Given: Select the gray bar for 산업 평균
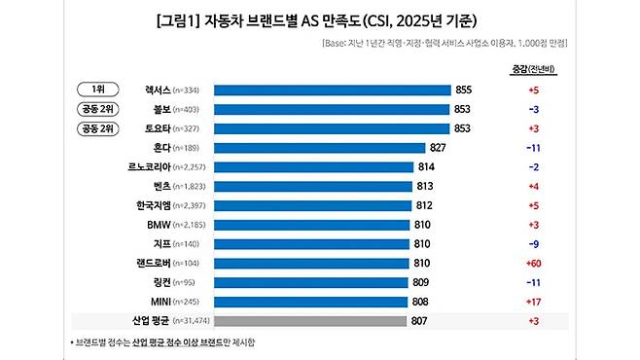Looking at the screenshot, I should (x=309, y=320).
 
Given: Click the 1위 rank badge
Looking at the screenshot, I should (x=98, y=90).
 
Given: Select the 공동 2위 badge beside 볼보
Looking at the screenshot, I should (x=98, y=109).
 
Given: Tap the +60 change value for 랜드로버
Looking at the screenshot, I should (x=533, y=263).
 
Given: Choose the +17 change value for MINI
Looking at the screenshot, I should (x=533, y=301).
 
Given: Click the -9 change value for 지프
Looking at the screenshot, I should (x=533, y=243).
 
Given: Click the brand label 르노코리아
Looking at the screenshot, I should (x=171, y=167).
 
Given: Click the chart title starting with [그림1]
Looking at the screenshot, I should (x=320, y=19).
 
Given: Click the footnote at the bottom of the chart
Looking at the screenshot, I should (x=164, y=342).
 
